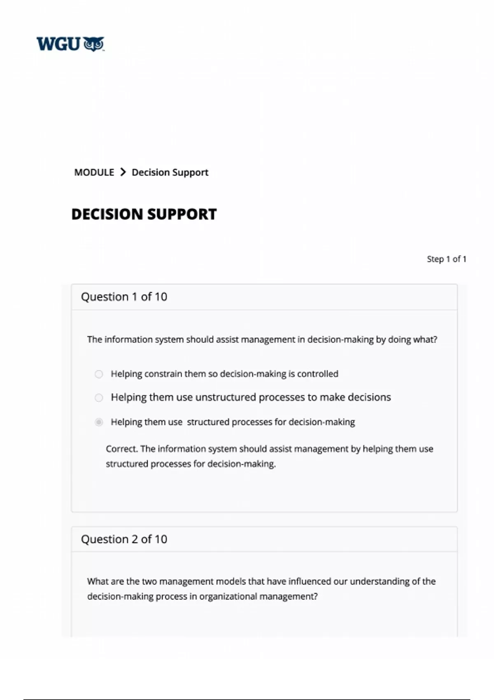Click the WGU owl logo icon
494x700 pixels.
94,44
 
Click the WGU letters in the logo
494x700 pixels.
58,44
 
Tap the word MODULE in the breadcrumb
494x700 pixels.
94,172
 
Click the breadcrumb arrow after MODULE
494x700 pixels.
123,172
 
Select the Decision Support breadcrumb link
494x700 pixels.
170,172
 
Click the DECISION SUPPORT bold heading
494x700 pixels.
144,214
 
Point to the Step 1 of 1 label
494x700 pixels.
446,259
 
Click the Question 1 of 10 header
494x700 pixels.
124,297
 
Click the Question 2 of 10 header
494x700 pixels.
124,539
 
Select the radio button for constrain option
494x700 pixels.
99,374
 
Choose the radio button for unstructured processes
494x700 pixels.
99,397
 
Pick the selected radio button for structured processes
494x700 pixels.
99,422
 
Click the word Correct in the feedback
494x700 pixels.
121,449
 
